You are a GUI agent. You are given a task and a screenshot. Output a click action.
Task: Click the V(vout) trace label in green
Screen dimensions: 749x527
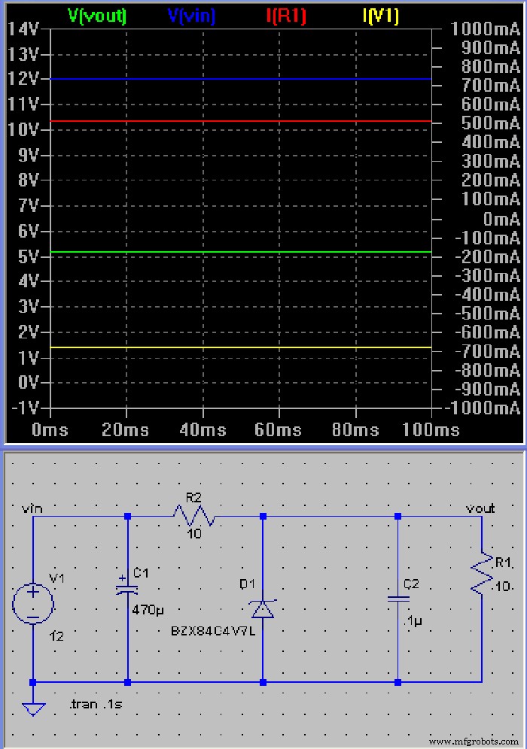(97, 16)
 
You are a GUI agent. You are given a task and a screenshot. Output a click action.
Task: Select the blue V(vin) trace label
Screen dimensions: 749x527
(190, 16)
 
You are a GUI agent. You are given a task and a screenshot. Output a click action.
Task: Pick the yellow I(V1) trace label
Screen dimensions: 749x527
(380, 16)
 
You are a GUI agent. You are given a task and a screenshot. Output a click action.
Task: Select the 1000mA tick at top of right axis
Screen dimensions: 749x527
(486, 29)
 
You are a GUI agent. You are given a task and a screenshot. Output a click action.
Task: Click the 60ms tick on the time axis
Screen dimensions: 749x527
(279, 430)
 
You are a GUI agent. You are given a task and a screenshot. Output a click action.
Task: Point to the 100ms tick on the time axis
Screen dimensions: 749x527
(431, 430)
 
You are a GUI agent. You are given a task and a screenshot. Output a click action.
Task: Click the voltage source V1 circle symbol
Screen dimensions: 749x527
(33, 602)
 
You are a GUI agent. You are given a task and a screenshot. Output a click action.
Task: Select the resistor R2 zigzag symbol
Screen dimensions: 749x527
(194, 516)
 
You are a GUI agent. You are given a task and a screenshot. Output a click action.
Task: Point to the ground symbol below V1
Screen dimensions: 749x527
(33, 708)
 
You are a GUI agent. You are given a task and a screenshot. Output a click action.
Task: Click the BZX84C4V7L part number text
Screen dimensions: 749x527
(213, 631)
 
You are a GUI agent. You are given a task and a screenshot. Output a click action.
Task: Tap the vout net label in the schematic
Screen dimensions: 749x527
(480, 508)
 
